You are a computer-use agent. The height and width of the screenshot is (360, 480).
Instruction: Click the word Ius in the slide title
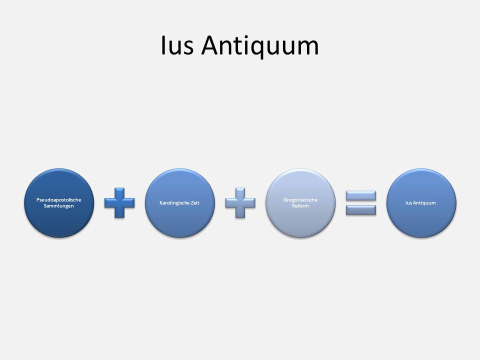pyautogui.click(x=177, y=45)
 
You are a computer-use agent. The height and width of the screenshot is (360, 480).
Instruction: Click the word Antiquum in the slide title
pyautogui.click(x=260, y=46)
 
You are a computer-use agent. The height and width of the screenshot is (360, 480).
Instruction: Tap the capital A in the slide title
pyautogui.click(x=210, y=45)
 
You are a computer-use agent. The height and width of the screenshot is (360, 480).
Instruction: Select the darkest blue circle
pyautogui.click(x=59, y=203)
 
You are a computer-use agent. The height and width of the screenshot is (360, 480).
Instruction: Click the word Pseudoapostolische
pyautogui.click(x=59, y=200)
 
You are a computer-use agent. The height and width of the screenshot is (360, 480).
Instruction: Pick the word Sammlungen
pyautogui.click(x=59, y=206)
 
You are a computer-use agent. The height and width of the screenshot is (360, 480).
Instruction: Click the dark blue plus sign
pyautogui.click(x=119, y=203)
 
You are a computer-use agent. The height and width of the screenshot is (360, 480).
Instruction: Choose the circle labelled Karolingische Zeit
pyautogui.click(x=179, y=203)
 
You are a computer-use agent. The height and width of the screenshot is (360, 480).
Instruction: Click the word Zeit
pyautogui.click(x=195, y=202)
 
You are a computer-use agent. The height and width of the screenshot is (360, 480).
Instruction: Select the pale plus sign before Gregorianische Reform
pyautogui.click(x=240, y=203)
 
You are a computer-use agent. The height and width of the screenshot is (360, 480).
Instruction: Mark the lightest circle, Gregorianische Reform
pyautogui.click(x=300, y=203)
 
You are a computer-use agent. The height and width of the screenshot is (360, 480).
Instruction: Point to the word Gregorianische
pyautogui.click(x=300, y=200)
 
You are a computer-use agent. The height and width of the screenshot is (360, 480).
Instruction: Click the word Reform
pyautogui.click(x=300, y=206)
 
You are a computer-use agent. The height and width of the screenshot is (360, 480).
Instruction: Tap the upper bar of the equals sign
pyautogui.click(x=361, y=195)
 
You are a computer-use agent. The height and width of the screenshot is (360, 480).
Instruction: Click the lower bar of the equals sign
pyautogui.click(x=361, y=210)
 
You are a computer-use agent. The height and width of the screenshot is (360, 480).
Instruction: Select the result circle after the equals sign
pyautogui.click(x=421, y=203)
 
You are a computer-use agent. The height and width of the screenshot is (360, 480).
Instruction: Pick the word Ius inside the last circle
pyautogui.click(x=408, y=202)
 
